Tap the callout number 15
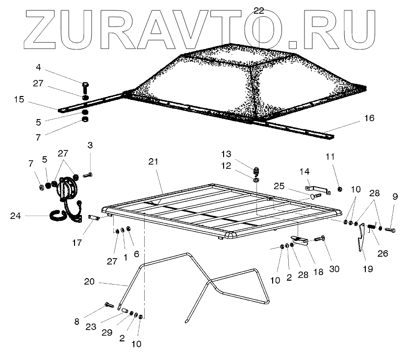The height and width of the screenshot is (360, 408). coord(19,99)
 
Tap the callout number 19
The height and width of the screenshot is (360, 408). coord(367,268)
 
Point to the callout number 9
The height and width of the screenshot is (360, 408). coord(395,197)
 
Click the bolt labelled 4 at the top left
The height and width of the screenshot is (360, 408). coord(85,89)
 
